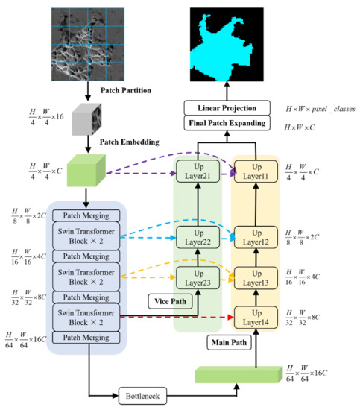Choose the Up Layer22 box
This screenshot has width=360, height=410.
198,239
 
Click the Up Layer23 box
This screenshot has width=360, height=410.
198,277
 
